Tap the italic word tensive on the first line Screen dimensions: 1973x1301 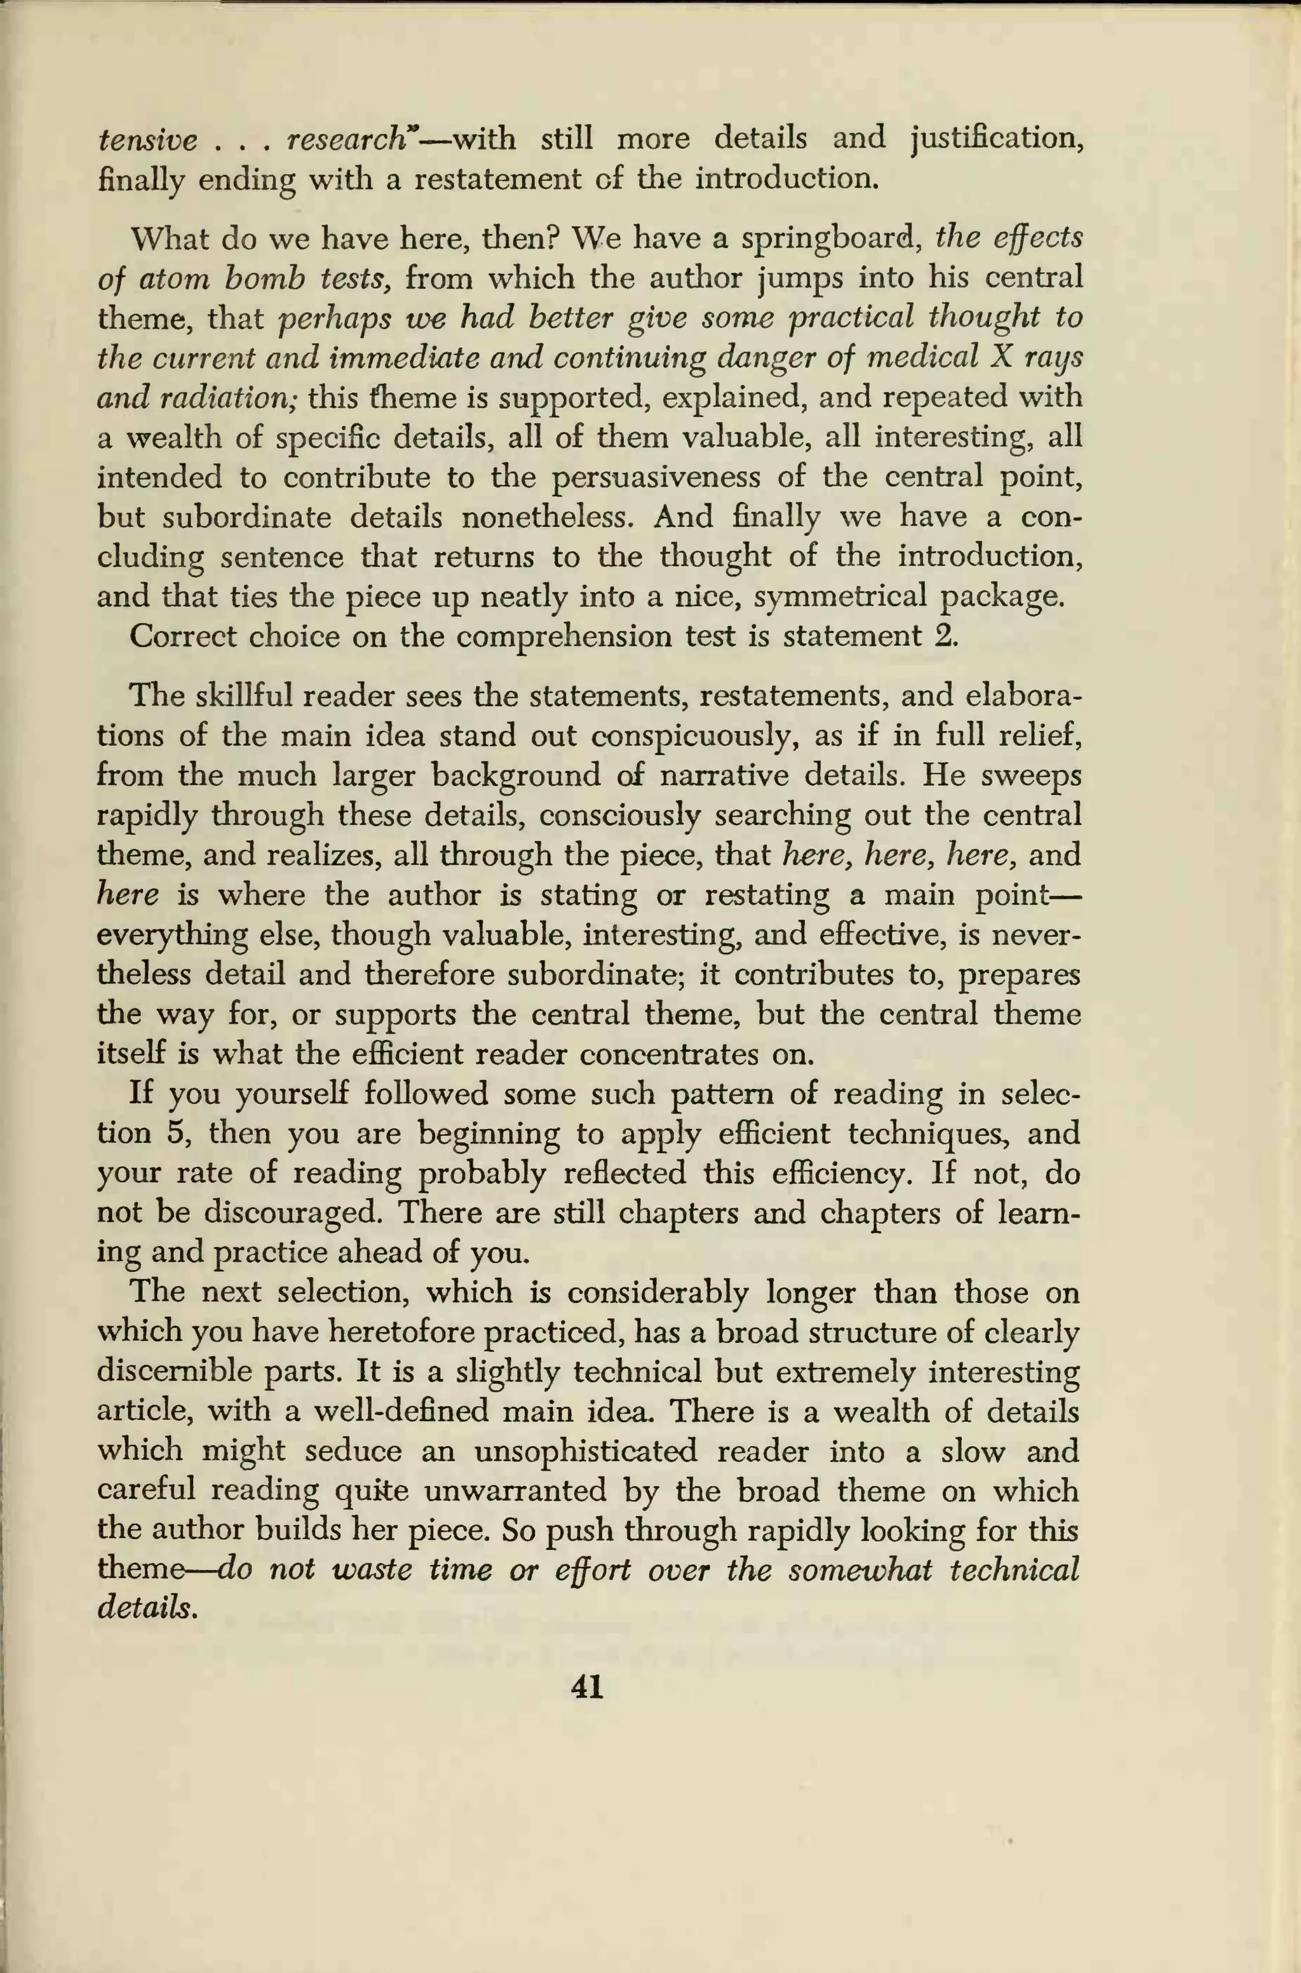click(x=147, y=139)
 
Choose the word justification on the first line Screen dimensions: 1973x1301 click(x=995, y=139)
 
